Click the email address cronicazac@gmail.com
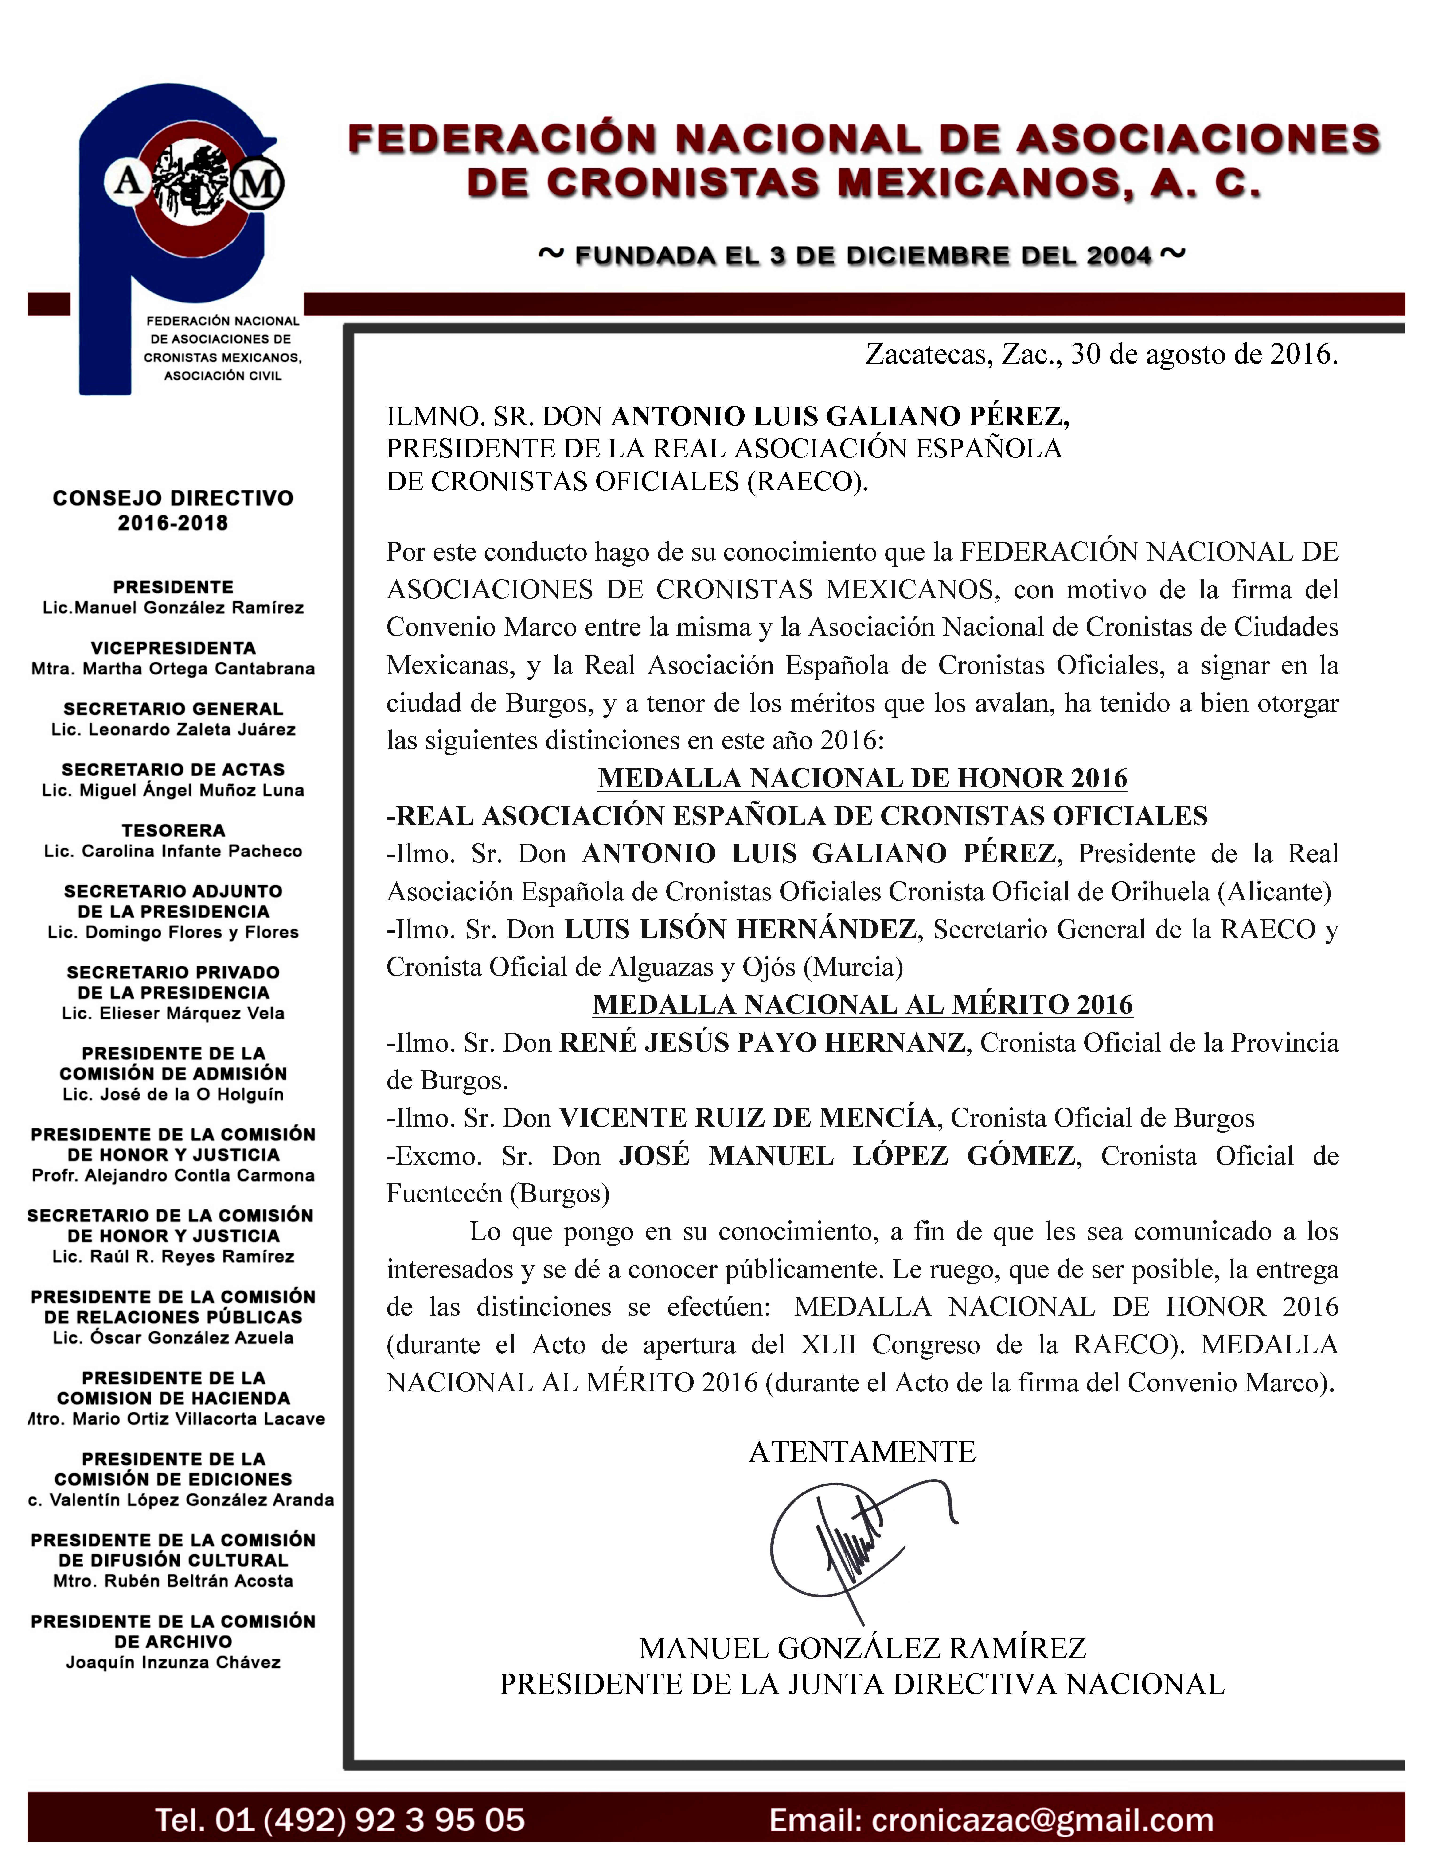click(991, 1819)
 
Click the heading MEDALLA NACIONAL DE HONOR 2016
click(862, 778)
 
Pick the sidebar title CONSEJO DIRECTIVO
click(173, 499)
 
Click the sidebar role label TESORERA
click(173, 830)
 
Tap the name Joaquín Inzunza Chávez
click(173, 1663)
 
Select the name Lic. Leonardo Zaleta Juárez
click(173, 730)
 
